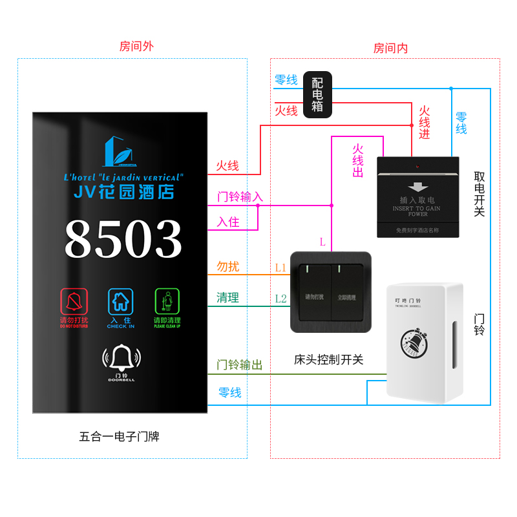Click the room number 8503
(x=123, y=240)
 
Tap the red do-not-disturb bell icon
(x=74, y=301)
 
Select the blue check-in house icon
(x=120, y=301)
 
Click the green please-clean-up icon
(x=167, y=301)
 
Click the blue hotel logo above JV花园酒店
(x=120, y=151)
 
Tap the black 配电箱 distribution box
(x=317, y=94)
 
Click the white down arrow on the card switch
(x=418, y=187)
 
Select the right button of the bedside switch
(x=347, y=292)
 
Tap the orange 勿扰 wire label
(x=227, y=267)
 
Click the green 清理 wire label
(x=227, y=298)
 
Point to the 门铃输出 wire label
(x=239, y=366)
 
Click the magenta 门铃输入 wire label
(x=240, y=197)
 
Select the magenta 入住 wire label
(x=227, y=222)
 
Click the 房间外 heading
(x=136, y=47)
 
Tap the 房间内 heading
(x=390, y=48)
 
